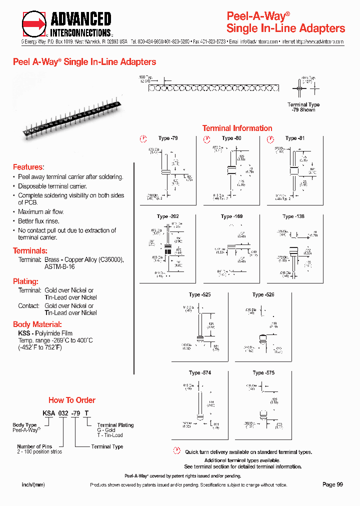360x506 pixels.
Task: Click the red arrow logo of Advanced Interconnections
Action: (x=34, y=24)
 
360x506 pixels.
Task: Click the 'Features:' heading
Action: (x=28, y=167)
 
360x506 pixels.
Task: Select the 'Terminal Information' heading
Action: (x=237, y=128)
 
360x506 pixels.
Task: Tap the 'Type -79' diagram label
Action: (x=167, y=138)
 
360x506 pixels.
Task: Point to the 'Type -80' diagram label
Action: (x=231, y=138)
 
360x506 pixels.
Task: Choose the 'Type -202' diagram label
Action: (x=167, y=216)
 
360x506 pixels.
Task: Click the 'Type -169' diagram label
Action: (x=231, y=216)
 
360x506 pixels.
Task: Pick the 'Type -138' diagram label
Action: (x=293, y=216)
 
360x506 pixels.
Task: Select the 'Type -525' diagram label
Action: (x=199, y=294)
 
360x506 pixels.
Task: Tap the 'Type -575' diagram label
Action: (x=263, y=372)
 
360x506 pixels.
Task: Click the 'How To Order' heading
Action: (x=71, y=400)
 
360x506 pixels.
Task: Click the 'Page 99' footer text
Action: (x=332, y=484)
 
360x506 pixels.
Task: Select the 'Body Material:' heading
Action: (x=37, y=324)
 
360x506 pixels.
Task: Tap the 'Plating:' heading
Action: (x=25, y=281)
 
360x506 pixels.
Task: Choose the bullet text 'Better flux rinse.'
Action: (x=38, y=221)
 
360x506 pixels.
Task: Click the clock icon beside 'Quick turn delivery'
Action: (x=176, y=451)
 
